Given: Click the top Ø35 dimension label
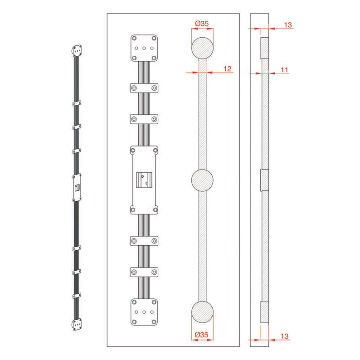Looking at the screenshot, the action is (202, 24).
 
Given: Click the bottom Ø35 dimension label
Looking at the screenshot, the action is (201, 335).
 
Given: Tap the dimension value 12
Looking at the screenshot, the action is (227, 68).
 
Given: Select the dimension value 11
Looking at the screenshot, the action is (284, 69).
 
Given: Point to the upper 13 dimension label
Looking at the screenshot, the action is (288, 25).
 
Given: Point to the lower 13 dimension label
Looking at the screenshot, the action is (284, 336).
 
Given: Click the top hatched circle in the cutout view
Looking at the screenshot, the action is (202, 48).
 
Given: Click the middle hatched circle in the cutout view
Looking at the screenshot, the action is (202, 180).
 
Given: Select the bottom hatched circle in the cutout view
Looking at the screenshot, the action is (202, 312).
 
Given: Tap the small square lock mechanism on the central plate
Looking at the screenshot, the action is (144, 180).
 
